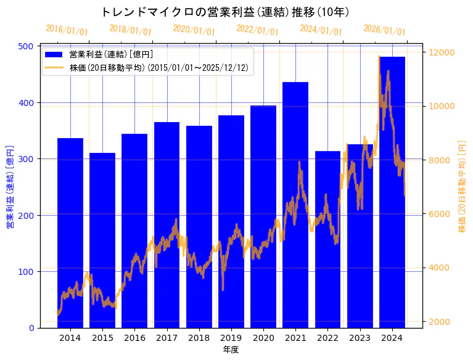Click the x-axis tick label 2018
pos(199,338)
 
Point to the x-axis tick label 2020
pos(263,338)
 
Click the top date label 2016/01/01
pos(67,30)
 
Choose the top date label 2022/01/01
pos(257,30)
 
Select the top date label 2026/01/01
pos(384,30)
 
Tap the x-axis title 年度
pos(231,350)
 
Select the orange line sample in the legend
pos(54,68)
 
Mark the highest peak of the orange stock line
pos(379,57)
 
